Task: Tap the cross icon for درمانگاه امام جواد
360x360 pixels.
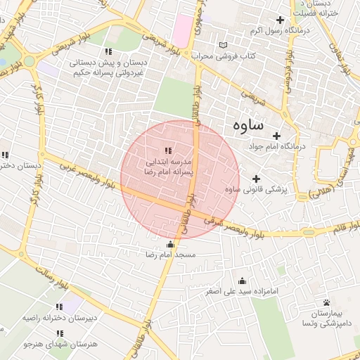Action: click(276, 136)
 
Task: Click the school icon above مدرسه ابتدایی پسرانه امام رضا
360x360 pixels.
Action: click(167, 150)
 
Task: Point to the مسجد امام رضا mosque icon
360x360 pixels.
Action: click(169, 244)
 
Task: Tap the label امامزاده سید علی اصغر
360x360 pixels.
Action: click(243, 290)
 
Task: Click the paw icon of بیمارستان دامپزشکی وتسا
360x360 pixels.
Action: click(326, 303)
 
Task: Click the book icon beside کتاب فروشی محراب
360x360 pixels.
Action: click(223, 45)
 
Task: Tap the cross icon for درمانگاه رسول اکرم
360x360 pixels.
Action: click(281, 20)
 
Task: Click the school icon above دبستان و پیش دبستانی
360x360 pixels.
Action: click(108, 51)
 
